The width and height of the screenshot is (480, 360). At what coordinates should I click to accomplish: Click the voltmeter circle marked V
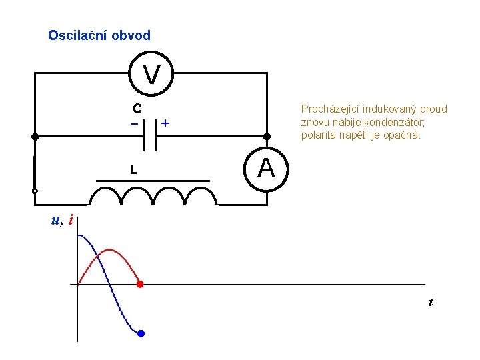tap(152, 73)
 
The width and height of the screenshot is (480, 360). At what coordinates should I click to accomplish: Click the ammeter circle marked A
tap(267, 169)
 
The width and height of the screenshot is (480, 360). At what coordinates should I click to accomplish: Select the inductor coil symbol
tap(153, 195)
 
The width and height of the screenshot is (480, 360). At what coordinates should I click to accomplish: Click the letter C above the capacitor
tap(136, 108)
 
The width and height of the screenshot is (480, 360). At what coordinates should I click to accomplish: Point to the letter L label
tap(133, 171)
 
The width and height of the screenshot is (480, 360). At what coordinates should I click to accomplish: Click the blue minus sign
tap(134, 124)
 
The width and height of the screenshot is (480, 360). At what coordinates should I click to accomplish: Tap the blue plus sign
tap(165, 124)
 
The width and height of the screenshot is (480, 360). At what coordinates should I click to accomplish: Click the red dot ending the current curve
tap(140, 285)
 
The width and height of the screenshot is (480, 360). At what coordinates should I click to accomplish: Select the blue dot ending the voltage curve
tap(141, 333)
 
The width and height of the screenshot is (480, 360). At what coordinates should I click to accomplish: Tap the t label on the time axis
tap(431, 302)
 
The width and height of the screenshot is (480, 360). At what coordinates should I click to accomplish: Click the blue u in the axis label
tap(55, 221)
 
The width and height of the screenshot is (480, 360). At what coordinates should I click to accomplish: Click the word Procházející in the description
tap(331, 109)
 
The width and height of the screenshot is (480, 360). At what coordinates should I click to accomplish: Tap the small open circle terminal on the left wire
tap(35, 191)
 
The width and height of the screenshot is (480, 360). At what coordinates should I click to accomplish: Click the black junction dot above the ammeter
tap(267, 137)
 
